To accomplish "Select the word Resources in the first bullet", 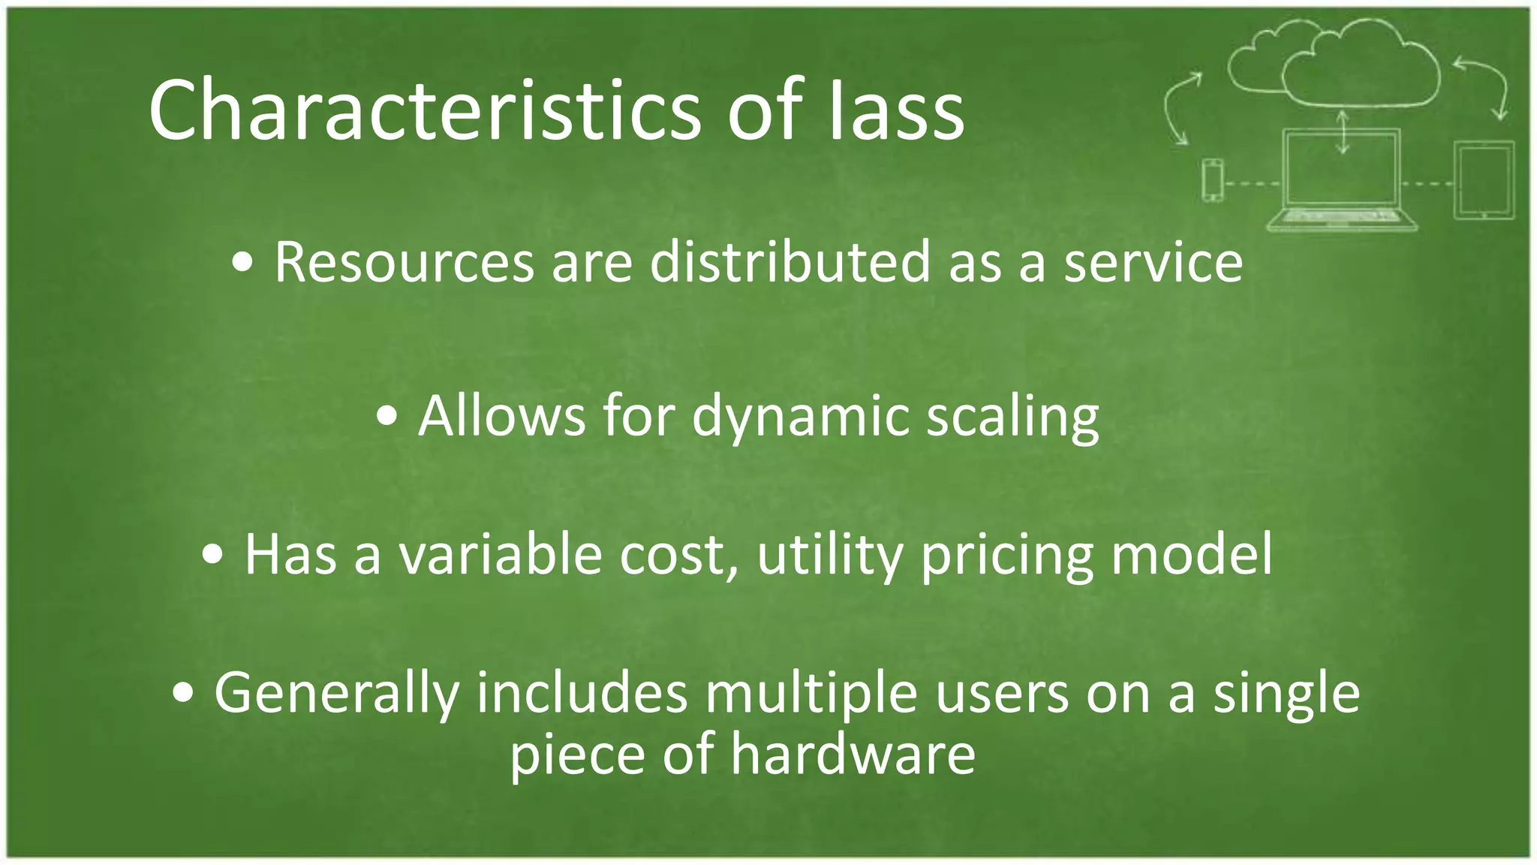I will click(404, 263).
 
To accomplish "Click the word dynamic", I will click(800, 417).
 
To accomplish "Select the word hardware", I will click(853, 754).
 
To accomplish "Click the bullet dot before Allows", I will click(387, 418).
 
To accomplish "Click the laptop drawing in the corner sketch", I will click(1341, 180).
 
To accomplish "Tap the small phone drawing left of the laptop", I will click(1212, 180).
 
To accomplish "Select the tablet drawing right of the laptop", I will click(1483, 180).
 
